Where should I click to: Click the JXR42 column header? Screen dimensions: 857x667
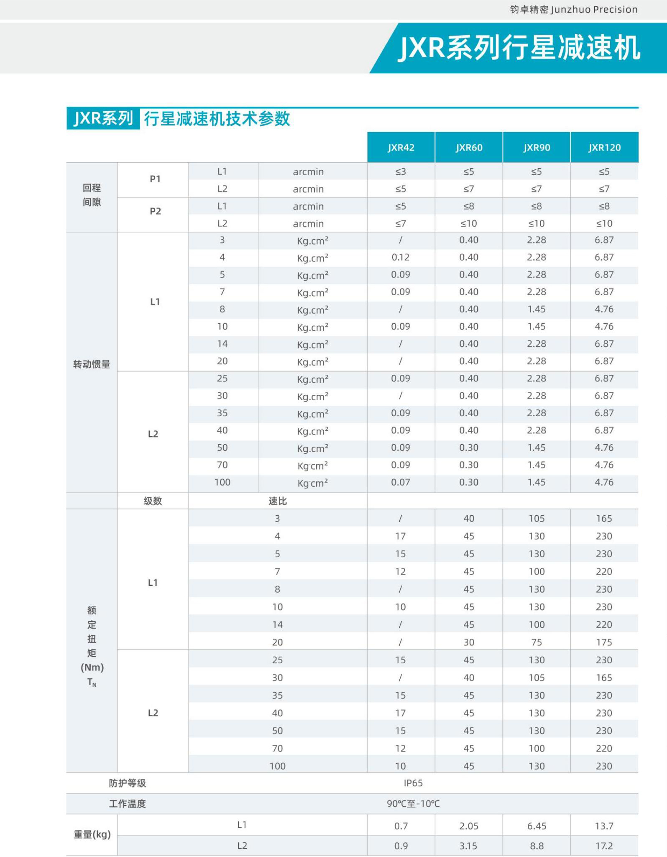point(401,148)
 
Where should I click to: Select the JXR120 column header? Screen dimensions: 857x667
point(604,148)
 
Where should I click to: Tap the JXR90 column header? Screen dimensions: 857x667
point(537,148)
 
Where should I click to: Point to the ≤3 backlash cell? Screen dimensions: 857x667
point(401,171)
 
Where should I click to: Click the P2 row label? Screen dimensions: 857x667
point(155,211)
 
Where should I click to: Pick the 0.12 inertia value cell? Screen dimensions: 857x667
point(401,257)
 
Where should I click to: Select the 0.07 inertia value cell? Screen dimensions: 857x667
point(401,482)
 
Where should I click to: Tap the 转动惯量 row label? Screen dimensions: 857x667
point(92,364)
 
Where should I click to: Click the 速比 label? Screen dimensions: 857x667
point(278,501)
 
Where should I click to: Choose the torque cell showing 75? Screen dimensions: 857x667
point(537,642)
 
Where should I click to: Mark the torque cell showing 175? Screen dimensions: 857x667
point(604,642)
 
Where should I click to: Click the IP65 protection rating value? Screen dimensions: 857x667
point(413,783)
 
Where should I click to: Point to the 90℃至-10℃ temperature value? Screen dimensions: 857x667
point(413,803)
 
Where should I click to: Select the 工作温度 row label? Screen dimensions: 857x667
point(128,803)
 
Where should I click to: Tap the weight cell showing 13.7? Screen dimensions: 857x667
point(604,826)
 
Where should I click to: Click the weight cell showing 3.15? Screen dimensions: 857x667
point(468,846)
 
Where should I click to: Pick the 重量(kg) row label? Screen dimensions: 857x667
point(92,835)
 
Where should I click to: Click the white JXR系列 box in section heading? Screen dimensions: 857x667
point(103,119)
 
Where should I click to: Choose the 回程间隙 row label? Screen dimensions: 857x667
point(92,195)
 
